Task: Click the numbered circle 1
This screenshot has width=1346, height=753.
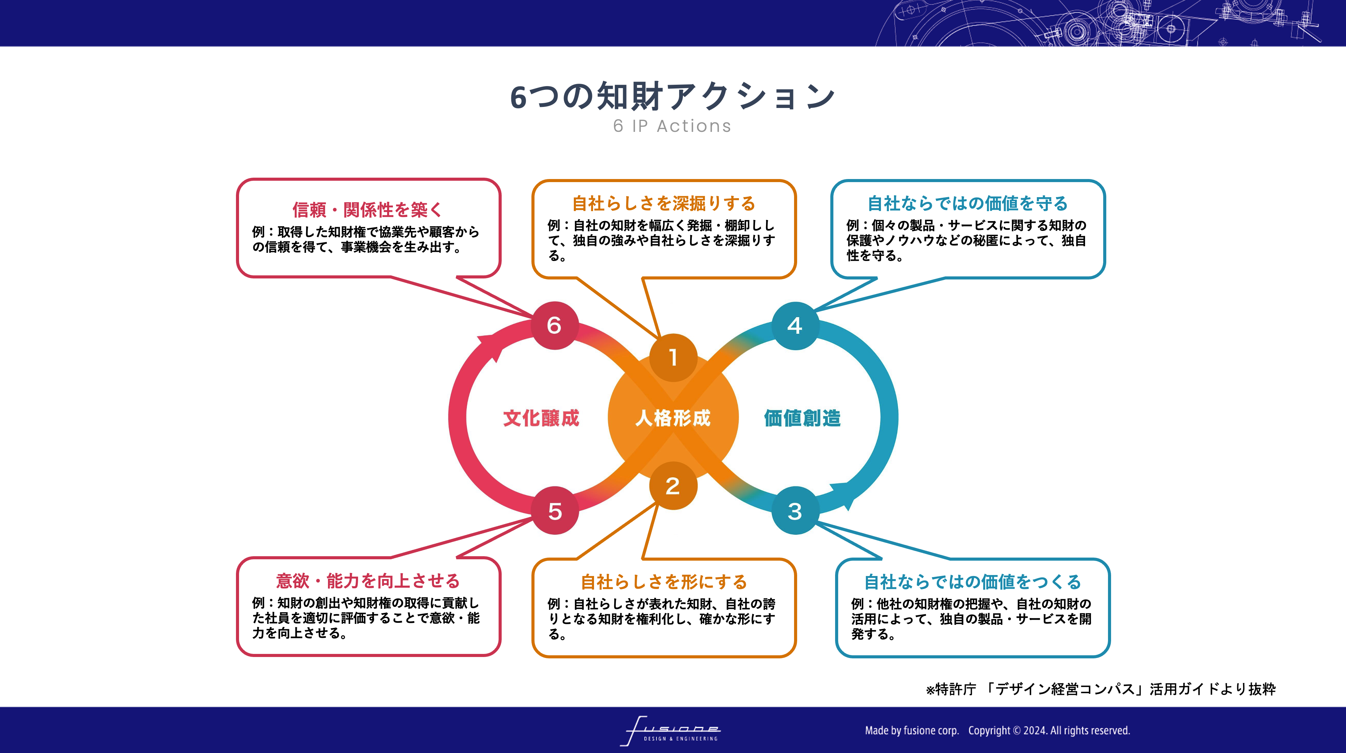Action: coord(673,358)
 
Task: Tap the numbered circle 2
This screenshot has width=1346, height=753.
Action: coord(673,485)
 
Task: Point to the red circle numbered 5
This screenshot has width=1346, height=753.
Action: coord(555,511)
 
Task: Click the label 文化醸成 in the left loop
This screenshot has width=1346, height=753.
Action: coord(541,418)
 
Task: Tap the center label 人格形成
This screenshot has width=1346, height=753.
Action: coord(673,418)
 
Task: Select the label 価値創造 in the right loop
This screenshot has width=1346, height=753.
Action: coord(803,418)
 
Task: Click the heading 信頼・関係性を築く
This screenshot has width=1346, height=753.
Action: coord(368,210)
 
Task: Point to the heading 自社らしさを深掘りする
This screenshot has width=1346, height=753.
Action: coord(664,203)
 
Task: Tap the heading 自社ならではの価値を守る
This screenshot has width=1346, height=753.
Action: coord(968,203)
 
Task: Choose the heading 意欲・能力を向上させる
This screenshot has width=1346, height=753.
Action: coord(368,581)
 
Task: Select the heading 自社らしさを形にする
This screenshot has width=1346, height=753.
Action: coord(664,582)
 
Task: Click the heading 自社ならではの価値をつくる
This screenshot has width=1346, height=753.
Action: coord(973,582)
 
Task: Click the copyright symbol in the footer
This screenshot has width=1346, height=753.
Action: coord(1016,730)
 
